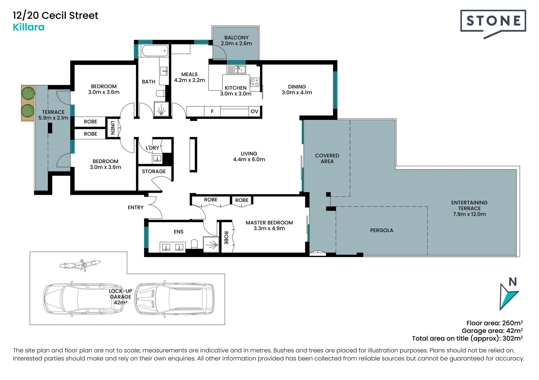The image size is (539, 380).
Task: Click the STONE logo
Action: pyautogui.click(x=493, y=24)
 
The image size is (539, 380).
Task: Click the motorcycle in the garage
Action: pyautogui.click(x=80, y=265)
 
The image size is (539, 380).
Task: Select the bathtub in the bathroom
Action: pyautogui.click(x=155, y=51)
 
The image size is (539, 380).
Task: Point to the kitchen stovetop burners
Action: pyautogui.click(x=255, y=82)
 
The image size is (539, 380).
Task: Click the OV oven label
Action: pyautogui.click(x=254, y=112)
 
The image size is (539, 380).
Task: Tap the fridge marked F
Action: pyautogui.click(x=212, y=112)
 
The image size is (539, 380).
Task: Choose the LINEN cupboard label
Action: pyautogui.click(x=113, y=128)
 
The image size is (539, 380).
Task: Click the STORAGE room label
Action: pyautogui.click(x=154, y=171)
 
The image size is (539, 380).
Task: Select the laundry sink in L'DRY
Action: pyautogui.click(x=157, y=159)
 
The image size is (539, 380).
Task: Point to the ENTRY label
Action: pyautogui.click(x=136, y=207)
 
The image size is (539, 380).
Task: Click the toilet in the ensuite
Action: pyautogui.click(x=194, y=244)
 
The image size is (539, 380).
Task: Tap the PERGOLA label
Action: pyautogui.click(x=382, y=230)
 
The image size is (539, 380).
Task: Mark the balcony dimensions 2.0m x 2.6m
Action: pyautogui.click(x=236, y=43)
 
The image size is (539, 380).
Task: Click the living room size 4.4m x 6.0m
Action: pyautogui.click(x=249, y=159)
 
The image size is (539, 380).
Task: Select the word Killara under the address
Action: pyautogui.click(x=29, y=27)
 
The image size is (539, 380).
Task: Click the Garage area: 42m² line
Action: pyautogui.click(x=492, y=331)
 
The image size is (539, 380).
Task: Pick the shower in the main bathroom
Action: pyautogui.click(x=162, y=109)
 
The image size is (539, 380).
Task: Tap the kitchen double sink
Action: pyautogui.click(x=236, y=69)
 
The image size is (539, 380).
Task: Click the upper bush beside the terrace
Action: pyautogui.click(x=28, y=93)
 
